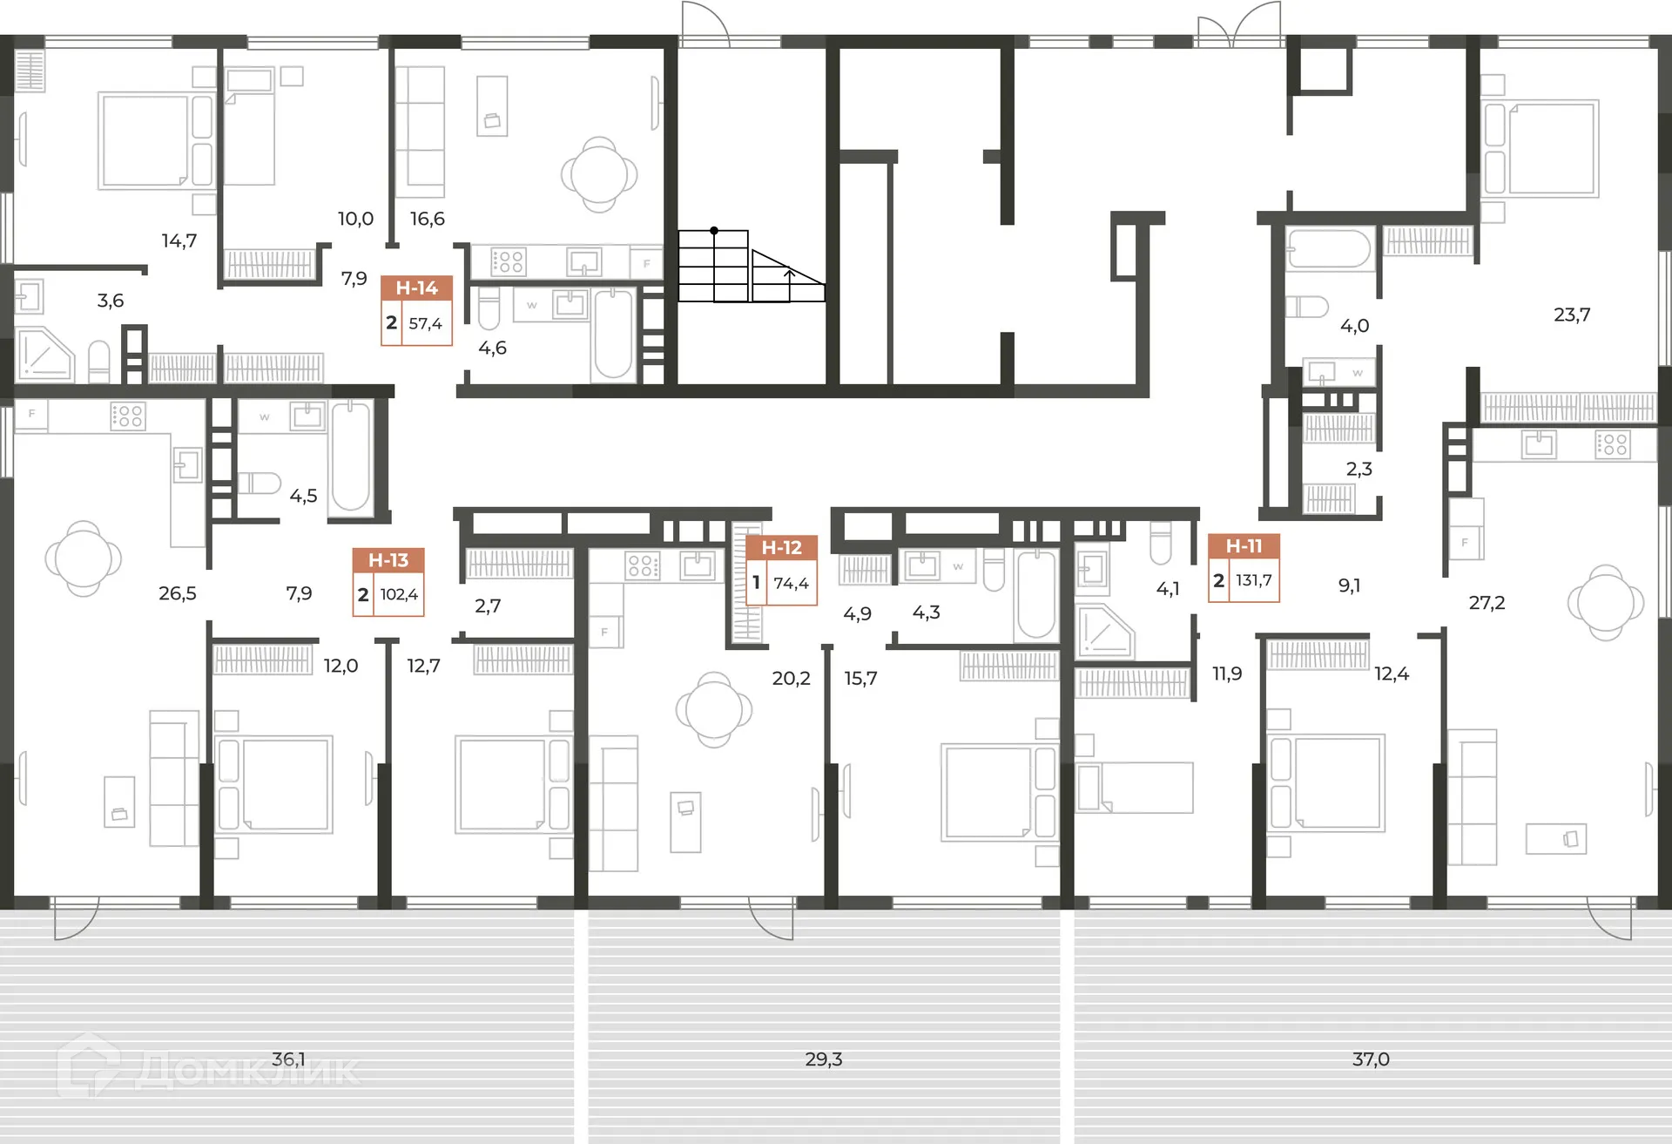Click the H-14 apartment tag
[x=416, y=310]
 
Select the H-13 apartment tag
[x=388, y=582]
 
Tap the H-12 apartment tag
[x=781, y=570]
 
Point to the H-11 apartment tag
[x=1244, y=567]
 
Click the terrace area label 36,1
[x=288, y=1059]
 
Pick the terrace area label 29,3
[x=824, y=1059]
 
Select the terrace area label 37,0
[x=1371, y=1059]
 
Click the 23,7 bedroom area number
[x=1572, y=315]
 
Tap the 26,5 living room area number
[x=178, y=593]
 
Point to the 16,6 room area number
[x=428, y=219]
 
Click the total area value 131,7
[x=1254, y=580]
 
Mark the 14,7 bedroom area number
[x=179, y=240]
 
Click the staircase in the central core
[x=752, y=266]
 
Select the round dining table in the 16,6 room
[x=599, y=174]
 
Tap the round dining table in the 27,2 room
[x=1606, y=603]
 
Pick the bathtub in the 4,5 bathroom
[x=350, y=457]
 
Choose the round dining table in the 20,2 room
[x=714, y=710]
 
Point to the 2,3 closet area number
[x=1358, y=469]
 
